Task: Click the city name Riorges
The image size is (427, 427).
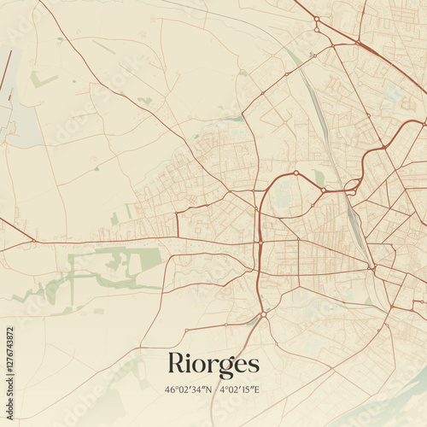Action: [x=213, y=363]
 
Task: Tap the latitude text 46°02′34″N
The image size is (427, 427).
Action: [x=190, y=390]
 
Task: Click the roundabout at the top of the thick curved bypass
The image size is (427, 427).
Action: [x=296, y=173]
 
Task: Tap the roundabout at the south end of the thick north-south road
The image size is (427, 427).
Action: [x=264, y=315]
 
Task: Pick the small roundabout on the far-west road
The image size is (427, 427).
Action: [x=33, y=241]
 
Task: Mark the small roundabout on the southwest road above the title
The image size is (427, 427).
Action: [x=225, y=325]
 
